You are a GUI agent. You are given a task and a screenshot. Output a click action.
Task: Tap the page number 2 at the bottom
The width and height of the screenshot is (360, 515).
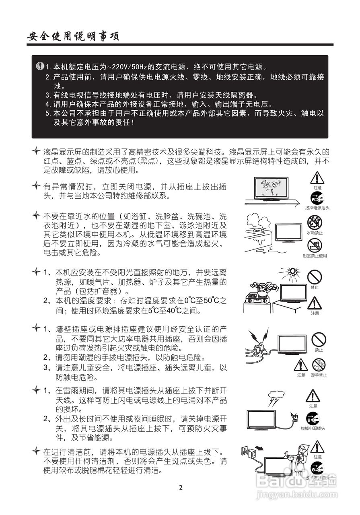181,488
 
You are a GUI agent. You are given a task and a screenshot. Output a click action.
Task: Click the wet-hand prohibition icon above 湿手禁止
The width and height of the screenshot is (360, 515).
319,365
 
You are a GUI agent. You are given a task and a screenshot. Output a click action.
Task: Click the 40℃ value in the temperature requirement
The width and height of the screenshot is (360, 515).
174,311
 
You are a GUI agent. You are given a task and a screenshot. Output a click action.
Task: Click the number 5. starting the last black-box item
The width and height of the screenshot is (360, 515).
48,113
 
